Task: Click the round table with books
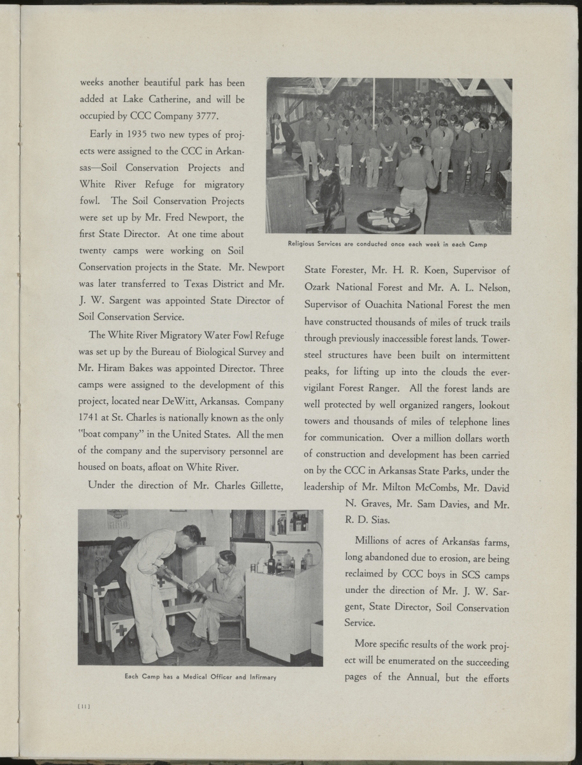click(x=388, y=219)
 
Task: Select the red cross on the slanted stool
click(x=122, y=632)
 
